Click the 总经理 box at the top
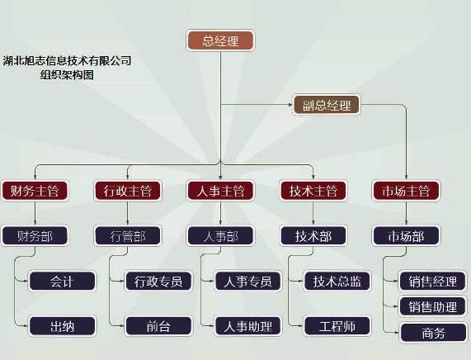[220, 40]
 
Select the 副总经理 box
[326, 105]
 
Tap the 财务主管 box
[35, 191]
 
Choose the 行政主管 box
[128, 191]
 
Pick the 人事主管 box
[220, 191]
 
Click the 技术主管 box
[313, 191]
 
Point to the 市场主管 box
[406, 191]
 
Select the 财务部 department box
[35, 236]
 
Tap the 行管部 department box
[128, 236]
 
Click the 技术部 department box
[313, 236]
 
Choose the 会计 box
[62, 281]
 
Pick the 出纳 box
[62, 326]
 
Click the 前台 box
[158, 326]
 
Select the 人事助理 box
[248, 326]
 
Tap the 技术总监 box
[337, 281]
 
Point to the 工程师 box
[337, 326]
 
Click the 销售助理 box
[432, 306]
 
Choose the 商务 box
[432, 333]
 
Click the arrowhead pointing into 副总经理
[290, 105]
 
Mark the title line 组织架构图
[67, 74]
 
